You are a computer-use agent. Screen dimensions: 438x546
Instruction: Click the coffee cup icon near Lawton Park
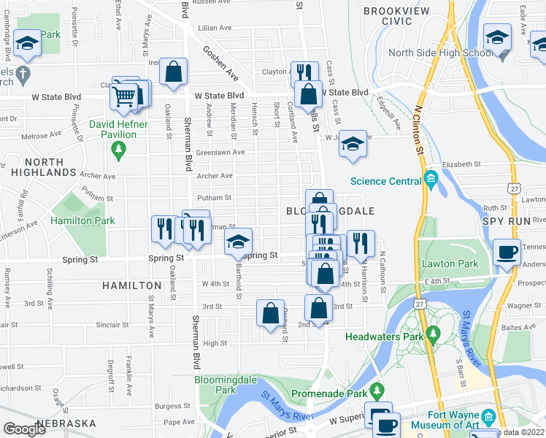pyautogui.click(x=507, y=253)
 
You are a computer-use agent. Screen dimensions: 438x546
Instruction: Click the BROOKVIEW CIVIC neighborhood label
pyautogui.click(x=398, y=16)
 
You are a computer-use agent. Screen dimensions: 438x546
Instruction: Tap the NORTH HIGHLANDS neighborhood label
pyautogui.click(x=39, y=167)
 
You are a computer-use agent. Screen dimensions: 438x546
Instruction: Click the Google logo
pyautogui.click(x=24, y=429)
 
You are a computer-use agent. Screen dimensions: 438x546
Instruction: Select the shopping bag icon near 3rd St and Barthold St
pyautogui.click(x=270, y=313)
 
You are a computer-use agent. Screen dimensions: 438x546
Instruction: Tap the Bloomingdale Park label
pyautogui.click(x=216, y=385)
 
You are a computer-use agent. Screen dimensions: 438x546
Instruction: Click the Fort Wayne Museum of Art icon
pyautogui.click(x=488, y=417)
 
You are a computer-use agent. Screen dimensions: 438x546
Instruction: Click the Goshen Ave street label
pyautogui.click(x=220, y=64)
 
